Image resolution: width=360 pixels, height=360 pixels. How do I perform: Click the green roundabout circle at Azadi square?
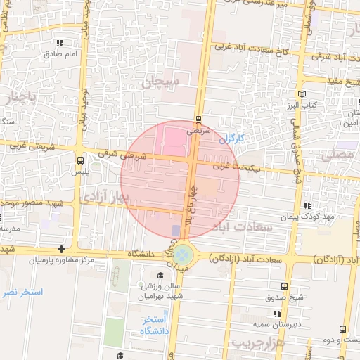pyautogui.click(x=183, y=252)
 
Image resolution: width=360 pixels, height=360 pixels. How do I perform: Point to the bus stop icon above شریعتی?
pyautogui.click(x=198, y=119)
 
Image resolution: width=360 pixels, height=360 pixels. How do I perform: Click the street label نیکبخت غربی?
pyautogui.click(x=241, y=167)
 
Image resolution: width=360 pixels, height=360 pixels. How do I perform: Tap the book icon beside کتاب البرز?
pyautogui.click(x=303, y=94)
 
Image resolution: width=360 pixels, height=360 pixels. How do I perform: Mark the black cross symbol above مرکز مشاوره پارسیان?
pyautogui.click(x=62, y=249)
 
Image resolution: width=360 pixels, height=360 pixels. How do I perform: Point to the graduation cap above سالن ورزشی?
pyautogui.click(x=160, y=275)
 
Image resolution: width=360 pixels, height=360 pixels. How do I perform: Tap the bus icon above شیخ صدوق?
pyautogui.click(x=284, y=287)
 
